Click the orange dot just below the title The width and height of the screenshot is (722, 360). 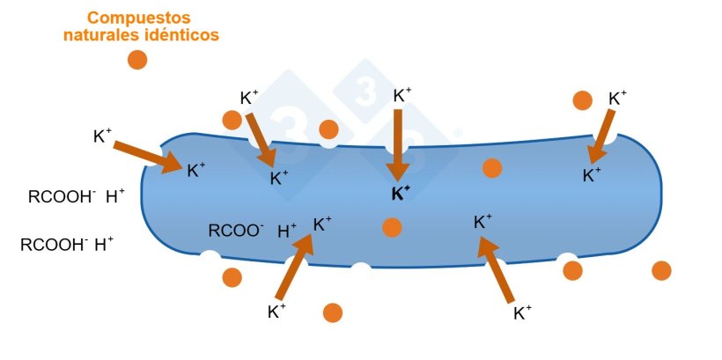click(x=136, y=60)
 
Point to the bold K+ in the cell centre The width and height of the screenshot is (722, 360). click(x=401, y=194)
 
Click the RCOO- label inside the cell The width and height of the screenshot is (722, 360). click(x=235, y=231)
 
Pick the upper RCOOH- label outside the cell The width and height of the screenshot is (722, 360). click(x=62, y=197)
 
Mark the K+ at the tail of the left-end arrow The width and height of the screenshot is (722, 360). click(x=102, y=136)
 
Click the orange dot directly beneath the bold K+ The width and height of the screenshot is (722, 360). click(x=392, y=228)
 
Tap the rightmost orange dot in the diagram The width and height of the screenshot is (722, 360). click(x=661, y=271)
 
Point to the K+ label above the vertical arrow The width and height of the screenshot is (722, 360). click(x=402, y=95)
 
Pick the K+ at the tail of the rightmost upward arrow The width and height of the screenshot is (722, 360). click(x=522, y=312)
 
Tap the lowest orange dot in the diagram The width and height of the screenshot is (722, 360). click(x=332, y=312)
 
